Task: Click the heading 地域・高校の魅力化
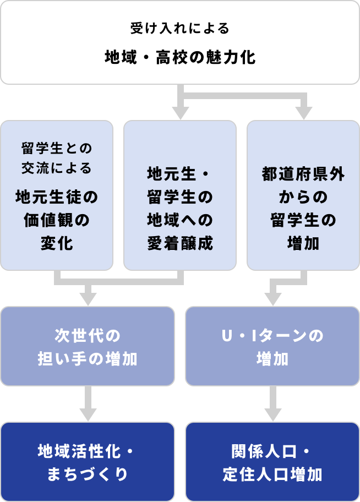pos(180,57)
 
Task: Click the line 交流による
pos(57,168)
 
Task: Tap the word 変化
pos(57,243)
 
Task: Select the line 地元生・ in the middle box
pos(180,174)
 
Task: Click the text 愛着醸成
pos(180,243)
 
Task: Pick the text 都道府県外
pos(303,174)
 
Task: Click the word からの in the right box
pos(303,197)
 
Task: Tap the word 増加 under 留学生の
pos(303,243)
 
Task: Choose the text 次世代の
pos(88,335)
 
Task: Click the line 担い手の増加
pos(88,359)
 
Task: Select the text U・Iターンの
pos(272,335)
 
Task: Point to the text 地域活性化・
pos(88,451)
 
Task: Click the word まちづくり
pos(88,474)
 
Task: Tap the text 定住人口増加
pos(272,474)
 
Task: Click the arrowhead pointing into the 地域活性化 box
pos(88,414)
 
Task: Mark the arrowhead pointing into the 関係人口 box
pos(272,414)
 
